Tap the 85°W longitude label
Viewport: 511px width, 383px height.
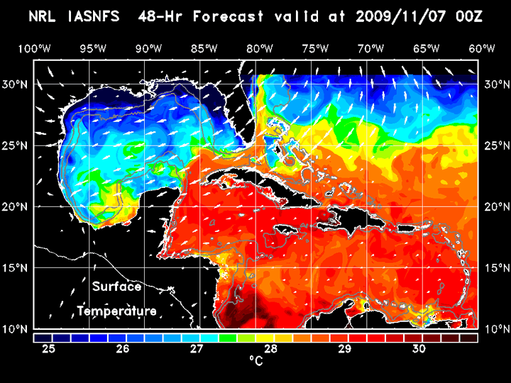pyautogui.click(x=204, y=49)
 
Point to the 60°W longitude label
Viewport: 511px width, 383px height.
pyautogui.click(x=482, y=49)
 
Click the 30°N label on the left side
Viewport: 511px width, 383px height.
pyautogui.click(x=17, y=84)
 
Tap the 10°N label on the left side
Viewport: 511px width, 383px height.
pyautogui.click(x=17, y=329)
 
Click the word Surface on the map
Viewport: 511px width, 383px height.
pyautogui.click(x=116, y=287)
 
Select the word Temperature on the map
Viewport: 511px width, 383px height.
pyautogui.click(x=116, y=311)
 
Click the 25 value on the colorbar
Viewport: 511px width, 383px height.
pyautogui.click(x=49, y=349)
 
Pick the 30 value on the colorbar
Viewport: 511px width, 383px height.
pyautogui.click(x=419, y=349)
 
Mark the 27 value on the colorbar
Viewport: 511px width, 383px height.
pyautogui.click(x=197, y=349)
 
